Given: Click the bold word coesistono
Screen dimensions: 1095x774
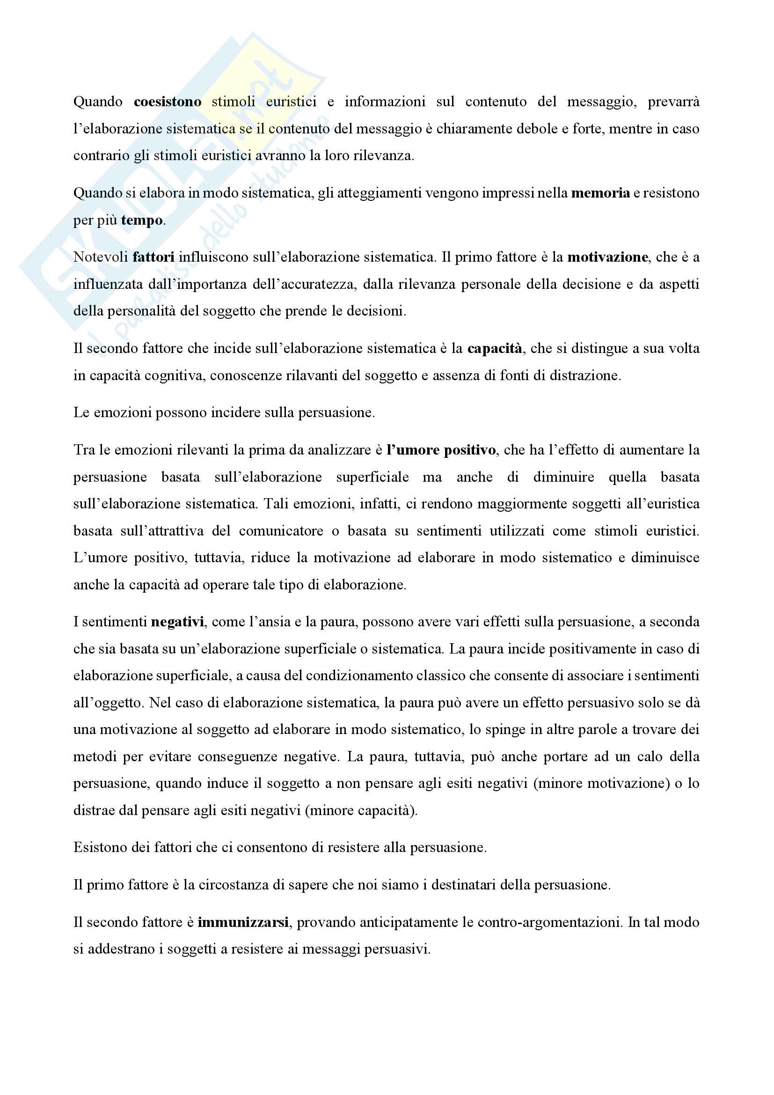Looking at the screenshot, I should (167, 102).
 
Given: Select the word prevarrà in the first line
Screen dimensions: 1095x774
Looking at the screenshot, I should (673, 102).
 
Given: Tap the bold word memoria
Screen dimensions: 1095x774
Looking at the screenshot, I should (600, 193).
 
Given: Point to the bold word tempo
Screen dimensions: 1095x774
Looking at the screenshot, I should (141, 220).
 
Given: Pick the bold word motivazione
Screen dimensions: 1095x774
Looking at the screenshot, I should (607, 257).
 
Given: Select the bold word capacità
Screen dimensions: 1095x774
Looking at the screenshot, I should (494, 349).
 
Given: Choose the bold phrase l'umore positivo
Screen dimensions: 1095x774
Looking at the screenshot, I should (441, 450).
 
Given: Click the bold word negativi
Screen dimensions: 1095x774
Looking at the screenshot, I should (177, 622).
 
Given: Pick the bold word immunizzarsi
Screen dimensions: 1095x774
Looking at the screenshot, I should (242, 922).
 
